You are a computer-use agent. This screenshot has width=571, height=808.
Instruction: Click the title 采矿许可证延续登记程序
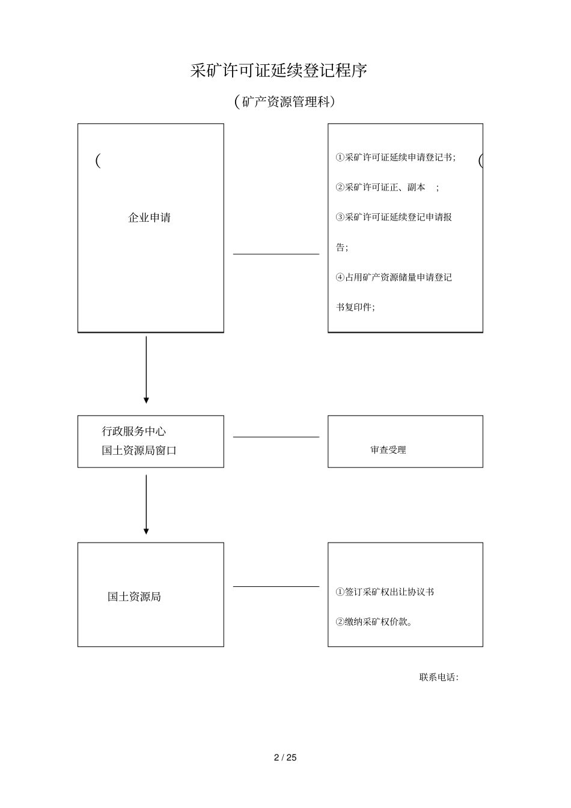tap(278, 71)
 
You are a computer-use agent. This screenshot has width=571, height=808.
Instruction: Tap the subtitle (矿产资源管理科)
tap(284, 102)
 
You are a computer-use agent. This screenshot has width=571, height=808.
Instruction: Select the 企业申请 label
tap(150, 217)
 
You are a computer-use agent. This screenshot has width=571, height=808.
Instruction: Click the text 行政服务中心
tap(134, 431)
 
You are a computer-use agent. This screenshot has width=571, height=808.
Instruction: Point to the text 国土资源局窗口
tap(139, 451)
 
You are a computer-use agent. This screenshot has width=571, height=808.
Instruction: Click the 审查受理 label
tap(388, 450)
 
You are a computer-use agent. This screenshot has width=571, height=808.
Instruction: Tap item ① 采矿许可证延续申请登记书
tap(395, 157)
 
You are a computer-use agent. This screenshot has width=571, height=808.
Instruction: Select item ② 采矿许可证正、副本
tap(386, 187)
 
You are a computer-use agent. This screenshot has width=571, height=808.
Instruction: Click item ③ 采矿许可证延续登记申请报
tap(394, 217)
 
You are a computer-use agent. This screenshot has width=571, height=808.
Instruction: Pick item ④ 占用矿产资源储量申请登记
tap(394, 278)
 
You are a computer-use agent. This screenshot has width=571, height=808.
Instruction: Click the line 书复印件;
tap(355, 308)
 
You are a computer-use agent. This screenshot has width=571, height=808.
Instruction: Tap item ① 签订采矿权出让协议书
tap(385, 592)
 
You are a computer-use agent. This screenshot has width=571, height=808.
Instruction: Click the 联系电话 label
tap(439, 678)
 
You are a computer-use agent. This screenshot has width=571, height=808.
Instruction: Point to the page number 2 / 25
tap(285, 758)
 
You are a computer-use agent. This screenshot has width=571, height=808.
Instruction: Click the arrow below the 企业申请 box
tap(146, 369)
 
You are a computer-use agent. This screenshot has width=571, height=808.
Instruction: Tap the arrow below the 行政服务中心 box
tap(146, 504)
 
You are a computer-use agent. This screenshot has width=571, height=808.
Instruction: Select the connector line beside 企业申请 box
tap(276, 254)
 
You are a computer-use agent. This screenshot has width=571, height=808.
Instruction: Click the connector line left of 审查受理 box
tap(276, 437)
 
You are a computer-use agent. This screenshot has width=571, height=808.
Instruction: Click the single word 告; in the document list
tap(341, 248)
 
